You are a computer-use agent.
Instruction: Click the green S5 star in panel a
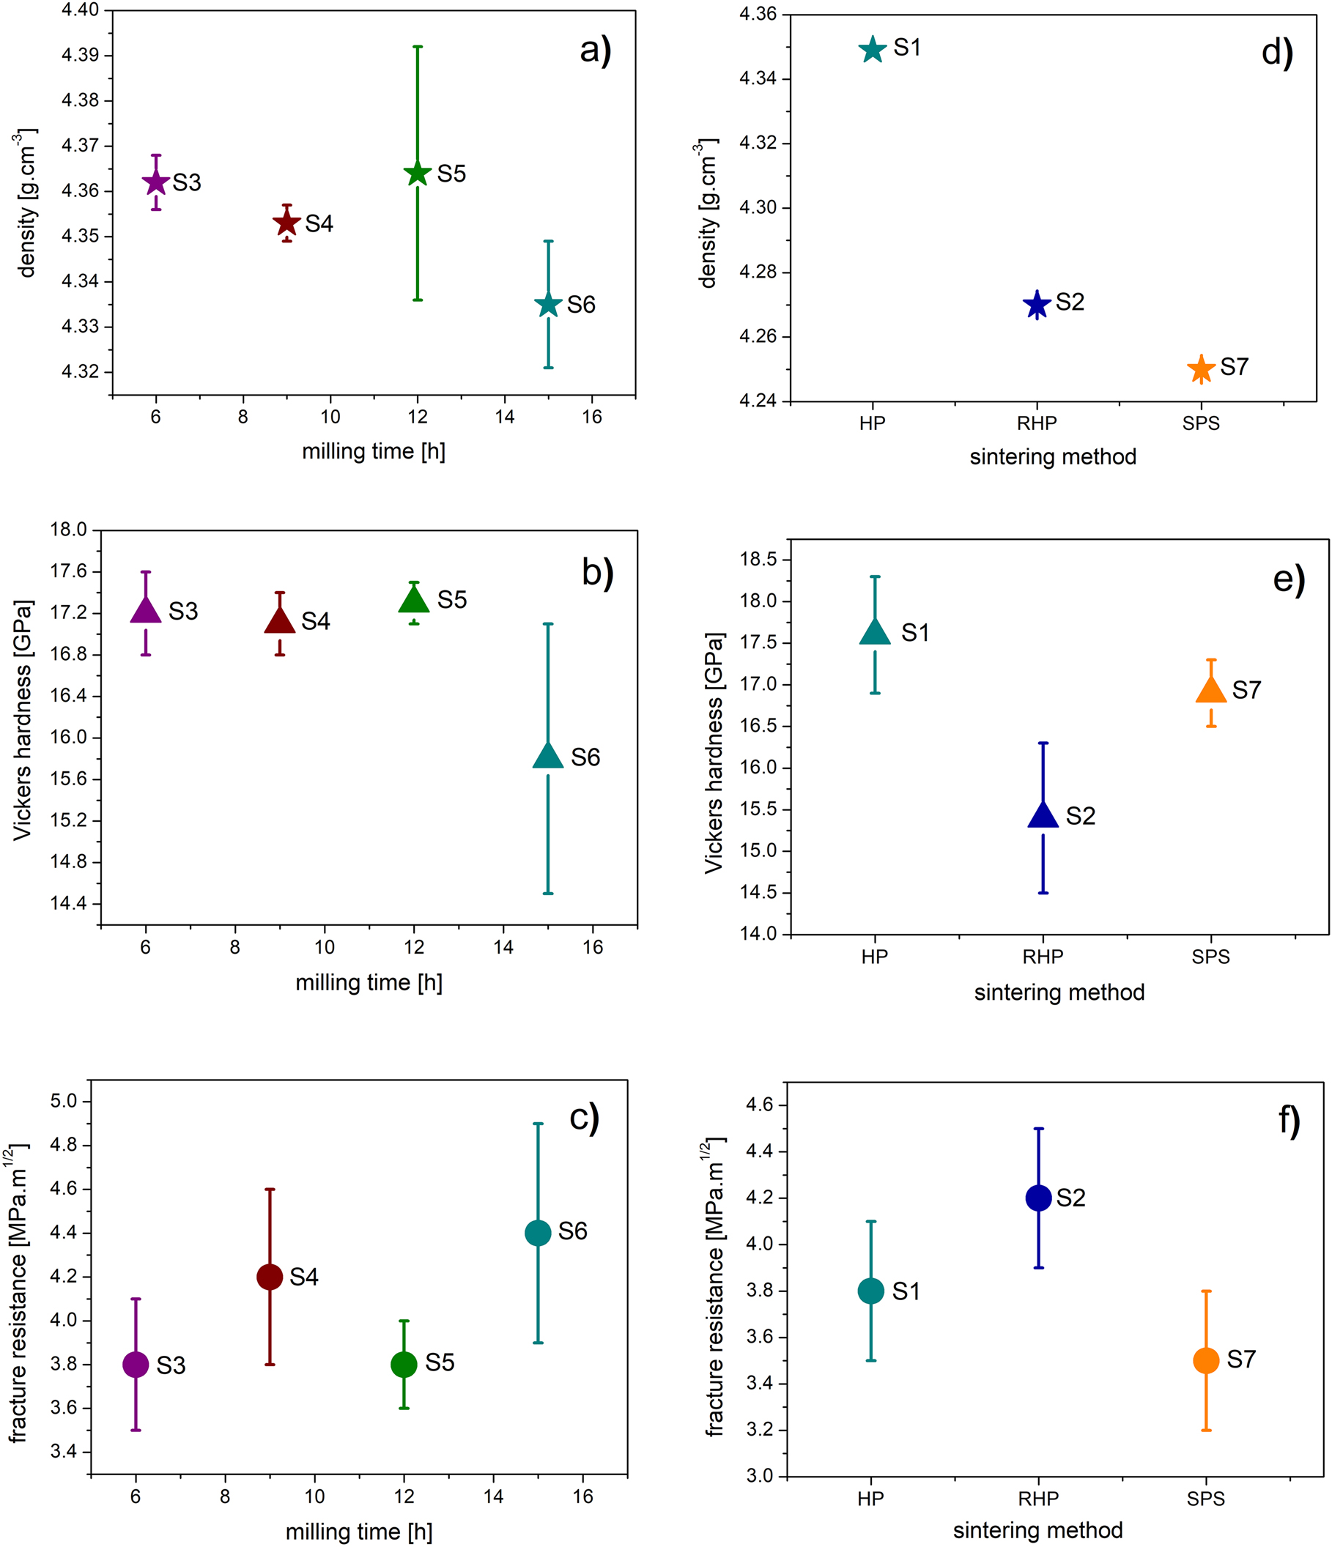coord(418,173)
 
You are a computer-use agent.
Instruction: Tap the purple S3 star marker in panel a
coord(156,182)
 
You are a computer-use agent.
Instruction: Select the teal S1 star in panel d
coord(872,50)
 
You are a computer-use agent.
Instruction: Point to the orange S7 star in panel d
coord(1201,369)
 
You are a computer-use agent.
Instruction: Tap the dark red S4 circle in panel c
coord(270,1277)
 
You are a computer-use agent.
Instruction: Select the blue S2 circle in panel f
coord(1039,1198)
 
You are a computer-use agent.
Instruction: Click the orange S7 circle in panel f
coord(1206,1360)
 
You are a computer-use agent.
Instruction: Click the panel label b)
coord(597,574)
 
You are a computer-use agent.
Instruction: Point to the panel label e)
coord(1289,579)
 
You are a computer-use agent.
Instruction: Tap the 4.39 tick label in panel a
coord(80,55)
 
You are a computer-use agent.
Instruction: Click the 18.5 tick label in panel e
coord(758,560)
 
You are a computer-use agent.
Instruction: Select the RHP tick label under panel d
coord(1036,424)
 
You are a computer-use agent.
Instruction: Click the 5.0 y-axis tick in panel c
coord(64,1101)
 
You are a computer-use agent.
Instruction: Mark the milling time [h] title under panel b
coord(369,982)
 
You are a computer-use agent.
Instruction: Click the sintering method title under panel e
coord(1059,993)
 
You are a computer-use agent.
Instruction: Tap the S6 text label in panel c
coord(572,1231)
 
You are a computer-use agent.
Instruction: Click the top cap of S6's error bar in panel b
coord(548,624)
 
